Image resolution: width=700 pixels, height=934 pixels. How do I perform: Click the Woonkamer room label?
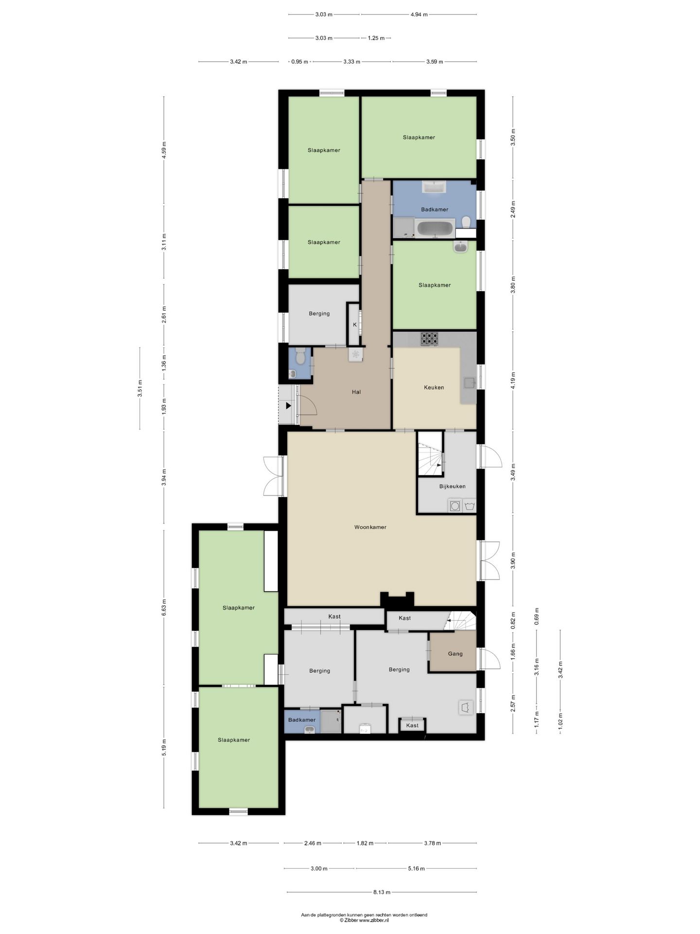coord(370,527)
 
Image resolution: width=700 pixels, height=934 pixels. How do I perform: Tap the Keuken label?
coord(434,387)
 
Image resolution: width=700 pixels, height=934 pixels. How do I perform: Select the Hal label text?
coord(356,392)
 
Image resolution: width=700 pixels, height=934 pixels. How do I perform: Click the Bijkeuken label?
coord(452,486)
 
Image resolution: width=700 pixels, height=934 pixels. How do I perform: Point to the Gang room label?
coord(455,653)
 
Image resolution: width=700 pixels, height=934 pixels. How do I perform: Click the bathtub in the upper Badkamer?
coord(436,228)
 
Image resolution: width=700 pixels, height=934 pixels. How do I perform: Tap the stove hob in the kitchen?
coord(429,338)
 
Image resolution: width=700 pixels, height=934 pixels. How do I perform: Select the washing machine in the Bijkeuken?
coord(455,506)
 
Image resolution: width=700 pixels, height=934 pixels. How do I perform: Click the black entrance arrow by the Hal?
coord(288,405)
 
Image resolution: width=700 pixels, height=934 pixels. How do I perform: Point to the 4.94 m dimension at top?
coord(419,15)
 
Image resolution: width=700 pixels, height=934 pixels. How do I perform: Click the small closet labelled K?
coord(354,324)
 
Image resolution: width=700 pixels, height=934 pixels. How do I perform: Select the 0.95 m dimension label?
coord(299,62)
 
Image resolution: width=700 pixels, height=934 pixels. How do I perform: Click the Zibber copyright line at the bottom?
coord(364,920)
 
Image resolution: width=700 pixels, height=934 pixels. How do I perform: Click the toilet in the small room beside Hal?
coord(300,357)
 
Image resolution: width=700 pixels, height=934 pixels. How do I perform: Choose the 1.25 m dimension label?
coord(376,38)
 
